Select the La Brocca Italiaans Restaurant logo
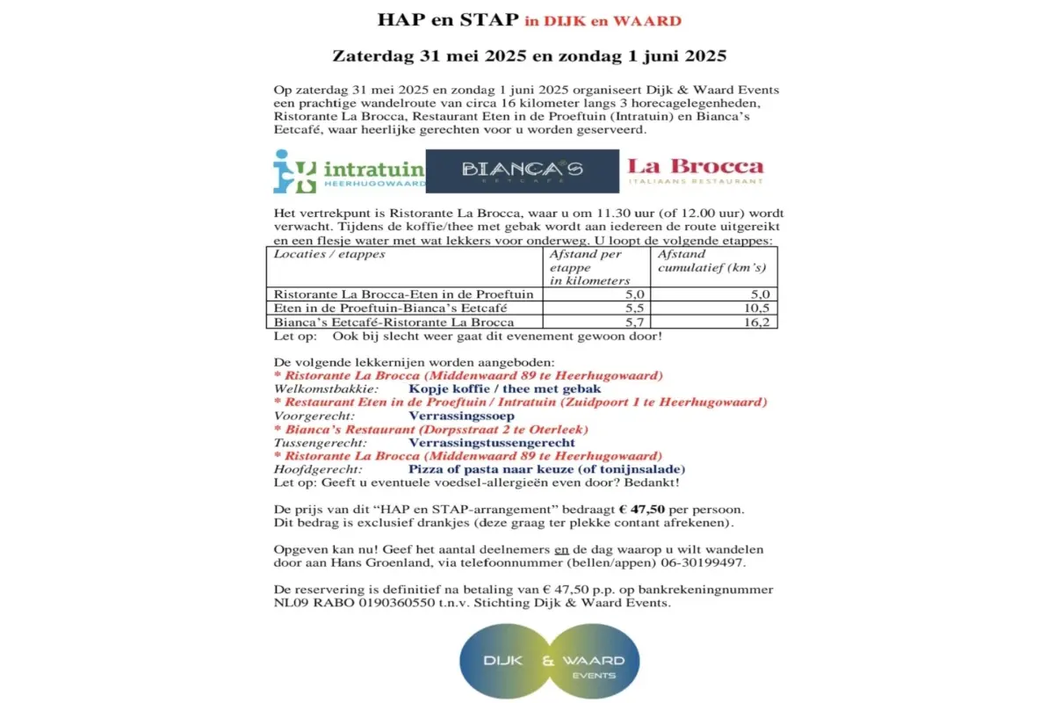point(695,170)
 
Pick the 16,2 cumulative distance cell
point(715,323)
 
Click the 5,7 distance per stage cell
point(597,323)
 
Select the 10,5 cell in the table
point(715,308)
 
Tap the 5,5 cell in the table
point(597,308)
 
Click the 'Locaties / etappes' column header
point(329,254)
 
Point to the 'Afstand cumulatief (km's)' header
point(711,260)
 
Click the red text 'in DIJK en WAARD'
point(603,20)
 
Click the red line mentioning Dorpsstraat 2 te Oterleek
point(431,430)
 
